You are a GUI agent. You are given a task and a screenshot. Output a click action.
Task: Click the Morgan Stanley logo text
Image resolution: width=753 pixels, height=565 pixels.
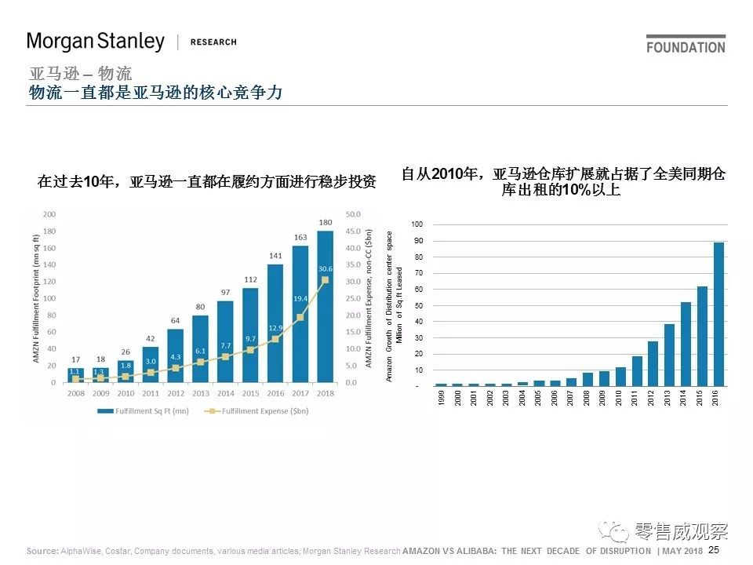click(x=96, y=41)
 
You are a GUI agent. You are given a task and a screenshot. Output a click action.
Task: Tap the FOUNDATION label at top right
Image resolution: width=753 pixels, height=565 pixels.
click(x=686, y=47)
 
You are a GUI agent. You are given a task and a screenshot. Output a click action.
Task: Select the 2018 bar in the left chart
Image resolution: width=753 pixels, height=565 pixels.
click(x=325, y=306)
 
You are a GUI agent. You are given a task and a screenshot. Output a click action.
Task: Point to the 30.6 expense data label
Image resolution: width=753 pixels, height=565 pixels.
click(x=326, y=268)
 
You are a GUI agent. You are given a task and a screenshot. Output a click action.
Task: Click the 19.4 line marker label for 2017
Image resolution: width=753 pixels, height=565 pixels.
click(x=300, y=299)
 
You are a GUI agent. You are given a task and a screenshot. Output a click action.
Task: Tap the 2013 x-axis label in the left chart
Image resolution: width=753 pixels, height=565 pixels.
click(x=200, y=394)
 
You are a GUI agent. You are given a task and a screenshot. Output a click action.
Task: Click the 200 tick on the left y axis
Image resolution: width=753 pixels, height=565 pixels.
click(x=49, y=214)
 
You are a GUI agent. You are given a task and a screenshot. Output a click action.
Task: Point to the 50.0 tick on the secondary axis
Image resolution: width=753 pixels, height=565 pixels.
click(x=352, y=214)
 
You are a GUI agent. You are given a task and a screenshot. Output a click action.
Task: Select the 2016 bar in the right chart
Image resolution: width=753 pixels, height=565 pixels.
click(x=718, y=314)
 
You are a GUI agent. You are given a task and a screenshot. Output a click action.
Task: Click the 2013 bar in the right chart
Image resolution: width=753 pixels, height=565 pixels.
click(x=669, y=355)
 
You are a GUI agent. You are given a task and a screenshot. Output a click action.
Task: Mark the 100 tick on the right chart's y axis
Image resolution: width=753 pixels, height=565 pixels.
click(x=417, y=224)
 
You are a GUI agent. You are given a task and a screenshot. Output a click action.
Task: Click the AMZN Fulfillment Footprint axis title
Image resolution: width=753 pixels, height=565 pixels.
click(x=36, y=299)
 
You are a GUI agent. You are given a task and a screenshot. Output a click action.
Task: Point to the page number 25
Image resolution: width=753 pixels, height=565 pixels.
click(x=713, y=551)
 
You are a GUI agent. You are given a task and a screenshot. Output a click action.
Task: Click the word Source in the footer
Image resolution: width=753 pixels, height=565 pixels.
click(x=42, y=552)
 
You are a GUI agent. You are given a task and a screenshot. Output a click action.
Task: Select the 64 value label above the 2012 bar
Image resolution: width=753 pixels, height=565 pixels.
click(x=176, y=320)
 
